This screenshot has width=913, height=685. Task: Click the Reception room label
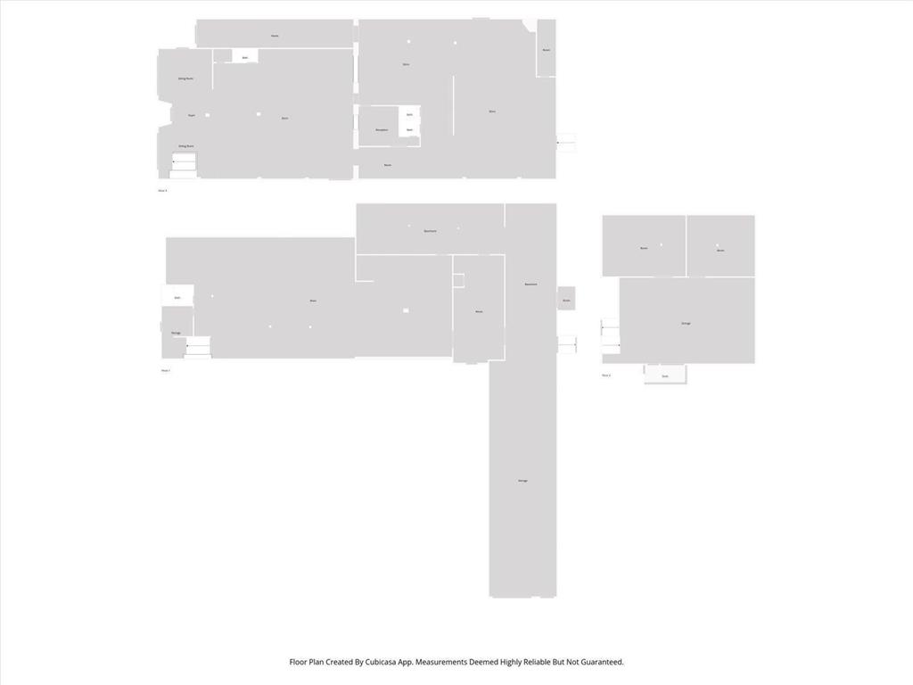(382, 130)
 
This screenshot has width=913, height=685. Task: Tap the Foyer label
(192, 115)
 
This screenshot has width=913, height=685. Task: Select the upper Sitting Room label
(185, 78)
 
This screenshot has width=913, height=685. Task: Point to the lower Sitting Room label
(185, 145)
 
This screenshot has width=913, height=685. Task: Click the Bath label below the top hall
(245, 58)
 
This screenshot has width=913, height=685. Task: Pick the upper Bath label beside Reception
(409, 114)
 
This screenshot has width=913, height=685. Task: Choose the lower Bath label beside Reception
(409, 130)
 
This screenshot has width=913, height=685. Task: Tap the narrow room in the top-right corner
(546, 49)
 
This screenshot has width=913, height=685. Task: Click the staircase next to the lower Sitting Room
(184, 162)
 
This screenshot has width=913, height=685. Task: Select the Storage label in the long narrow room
(522, 481)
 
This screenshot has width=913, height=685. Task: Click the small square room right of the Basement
(566, 298)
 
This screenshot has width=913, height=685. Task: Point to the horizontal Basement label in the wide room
(430, 231)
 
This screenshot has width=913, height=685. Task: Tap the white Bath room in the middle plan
(177, 296)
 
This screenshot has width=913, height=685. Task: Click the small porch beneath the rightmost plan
(665, 376)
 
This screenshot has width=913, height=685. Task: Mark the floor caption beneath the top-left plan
(162, 190)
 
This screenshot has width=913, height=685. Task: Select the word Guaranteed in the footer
(596, 662)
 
